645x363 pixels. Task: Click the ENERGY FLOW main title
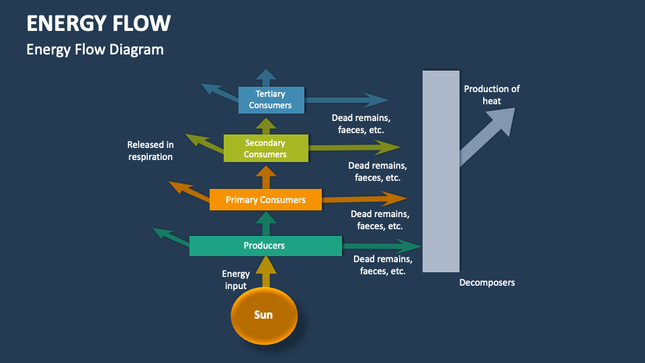click(98, 23)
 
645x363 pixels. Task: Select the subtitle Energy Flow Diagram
click(95, 49)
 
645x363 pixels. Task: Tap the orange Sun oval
click(264, 315)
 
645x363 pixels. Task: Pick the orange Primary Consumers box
click(265, 200)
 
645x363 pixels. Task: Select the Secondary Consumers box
click(265, 149)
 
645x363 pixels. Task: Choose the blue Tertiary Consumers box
click(271, 99)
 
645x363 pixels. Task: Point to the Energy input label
click(236, 280)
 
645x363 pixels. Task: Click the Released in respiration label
click(150, 151)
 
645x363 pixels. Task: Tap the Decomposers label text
click(487, 282)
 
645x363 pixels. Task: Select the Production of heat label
click(491, 95)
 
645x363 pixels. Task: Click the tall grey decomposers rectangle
click(441, 171)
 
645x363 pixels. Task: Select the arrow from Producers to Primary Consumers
click(267, 223)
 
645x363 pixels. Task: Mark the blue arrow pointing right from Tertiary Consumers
click(346, 101)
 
